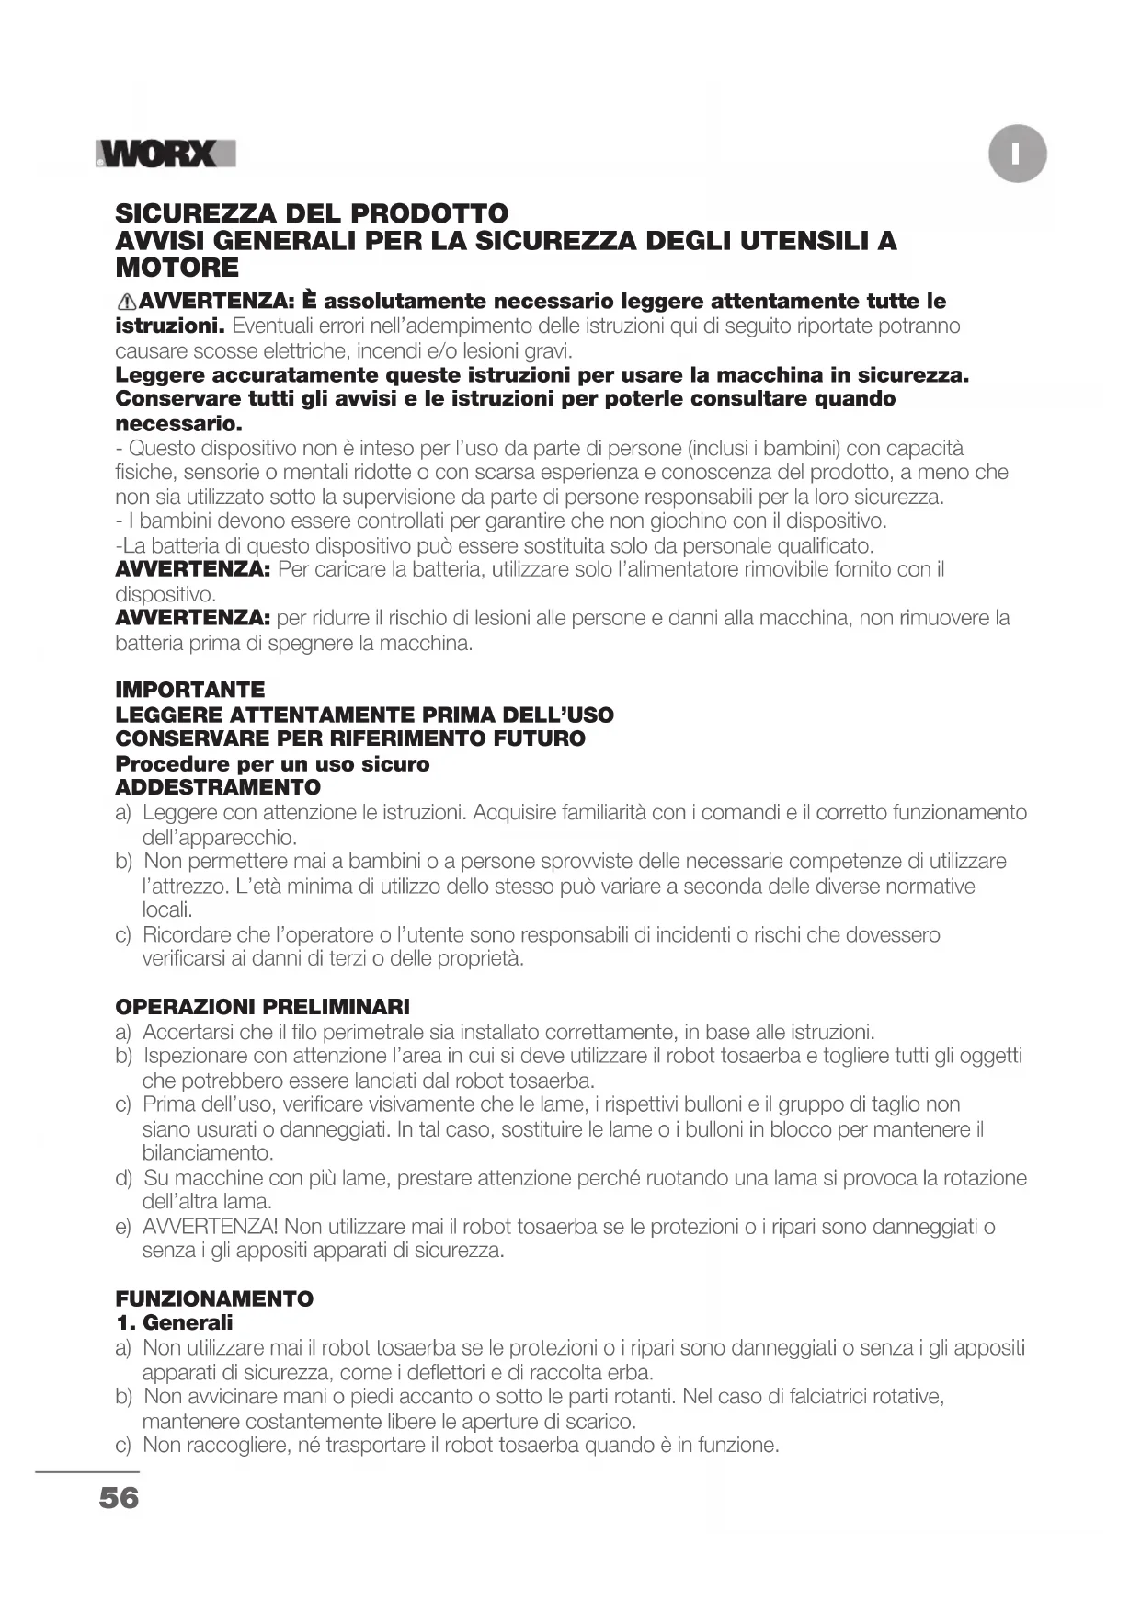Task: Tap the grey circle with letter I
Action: coord(1018,154)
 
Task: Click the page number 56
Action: coord(119,1498)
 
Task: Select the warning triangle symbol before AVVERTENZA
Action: coord(127,302)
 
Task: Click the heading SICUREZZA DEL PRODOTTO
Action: coord(312,213)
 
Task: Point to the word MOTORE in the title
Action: coord(177,269)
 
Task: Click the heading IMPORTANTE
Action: coord(189,690)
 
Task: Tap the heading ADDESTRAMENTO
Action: coord(218,787)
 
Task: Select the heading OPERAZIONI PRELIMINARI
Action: coord(262,1007)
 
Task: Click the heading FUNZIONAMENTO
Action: coord(214,1298)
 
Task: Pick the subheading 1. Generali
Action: coord(174,1323)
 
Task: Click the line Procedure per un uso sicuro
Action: coord(272,764)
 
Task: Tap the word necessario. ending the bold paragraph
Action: coord(178,424)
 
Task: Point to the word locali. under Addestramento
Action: coord(167,910)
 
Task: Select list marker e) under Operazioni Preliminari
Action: coord(123,1227)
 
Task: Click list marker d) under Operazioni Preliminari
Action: coord(123,1178)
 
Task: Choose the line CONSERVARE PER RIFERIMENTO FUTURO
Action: coord(350,738)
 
